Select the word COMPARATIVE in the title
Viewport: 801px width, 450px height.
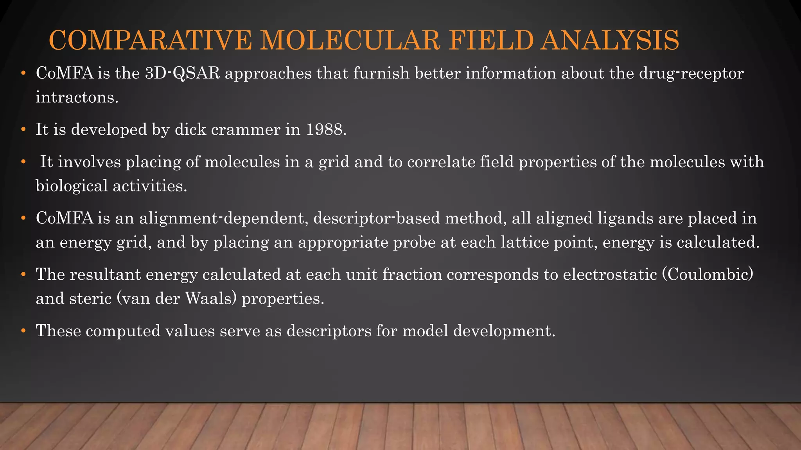click(x=150, y=40)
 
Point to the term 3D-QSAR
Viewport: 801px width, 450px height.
click(x=182, y=73)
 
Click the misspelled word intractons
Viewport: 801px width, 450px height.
click(x=77, y=97)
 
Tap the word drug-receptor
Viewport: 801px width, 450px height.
click(x=691, y=73)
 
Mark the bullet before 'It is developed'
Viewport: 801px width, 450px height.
click(x=23, y=130)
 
